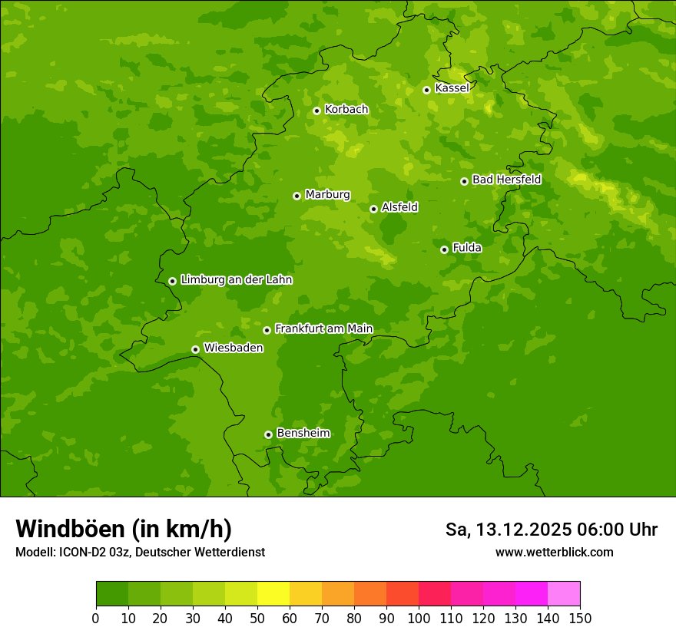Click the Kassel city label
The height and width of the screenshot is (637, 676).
452,88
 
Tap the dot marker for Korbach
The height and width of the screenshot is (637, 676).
316,111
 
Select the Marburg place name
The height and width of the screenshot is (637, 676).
327,195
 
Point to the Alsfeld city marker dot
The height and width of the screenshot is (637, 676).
373,209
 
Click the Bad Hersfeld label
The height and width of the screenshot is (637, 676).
506,180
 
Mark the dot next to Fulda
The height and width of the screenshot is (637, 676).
444,249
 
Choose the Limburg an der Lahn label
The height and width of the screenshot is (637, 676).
236,280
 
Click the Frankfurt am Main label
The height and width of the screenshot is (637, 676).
323,328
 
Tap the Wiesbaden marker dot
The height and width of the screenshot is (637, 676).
195,349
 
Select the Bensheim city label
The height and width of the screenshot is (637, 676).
303,433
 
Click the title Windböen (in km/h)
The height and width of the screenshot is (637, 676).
124,529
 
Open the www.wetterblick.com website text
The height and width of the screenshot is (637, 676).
554,552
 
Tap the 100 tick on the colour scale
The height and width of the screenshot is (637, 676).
419,617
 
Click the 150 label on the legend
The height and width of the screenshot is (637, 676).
580,617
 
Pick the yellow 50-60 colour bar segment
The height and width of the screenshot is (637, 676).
273,594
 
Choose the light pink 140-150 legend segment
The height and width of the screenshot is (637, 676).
564,594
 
